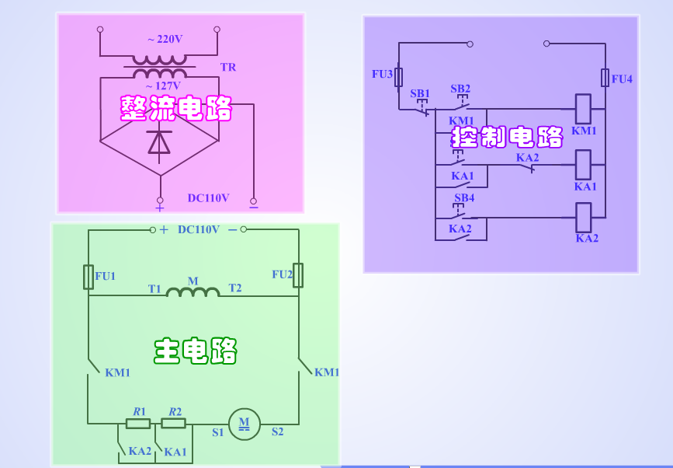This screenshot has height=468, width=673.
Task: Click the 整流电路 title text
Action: pos(176,109)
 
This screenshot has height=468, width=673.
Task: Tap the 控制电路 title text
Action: pos(508,138)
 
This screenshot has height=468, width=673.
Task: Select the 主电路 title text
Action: pos(195,351)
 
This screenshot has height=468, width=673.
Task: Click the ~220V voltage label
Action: pos(165,39)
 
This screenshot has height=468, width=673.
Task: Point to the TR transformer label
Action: pos(227,68)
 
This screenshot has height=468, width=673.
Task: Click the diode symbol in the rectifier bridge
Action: pos(160,143)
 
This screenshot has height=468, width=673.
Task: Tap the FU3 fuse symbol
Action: pos(399,77)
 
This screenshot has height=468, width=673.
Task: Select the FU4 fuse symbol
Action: pos(605,78)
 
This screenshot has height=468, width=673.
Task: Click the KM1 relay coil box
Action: pos(583,108)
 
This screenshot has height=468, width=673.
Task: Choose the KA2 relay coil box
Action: pos(584,217)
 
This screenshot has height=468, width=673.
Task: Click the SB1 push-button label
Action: pos(420,93)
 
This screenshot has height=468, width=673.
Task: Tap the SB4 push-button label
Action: pos(464,197)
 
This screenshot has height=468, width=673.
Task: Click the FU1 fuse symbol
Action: pos(88,277)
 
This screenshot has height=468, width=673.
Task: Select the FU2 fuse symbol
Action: pos(297,275)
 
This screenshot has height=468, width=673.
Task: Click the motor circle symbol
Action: pos(245,424)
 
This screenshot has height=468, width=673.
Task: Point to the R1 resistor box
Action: pos(138,424)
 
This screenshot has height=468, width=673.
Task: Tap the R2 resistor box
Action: pos(173,424)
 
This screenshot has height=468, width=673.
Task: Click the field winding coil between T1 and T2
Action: pos(193,292)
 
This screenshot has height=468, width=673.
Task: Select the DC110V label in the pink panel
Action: pos(208,198)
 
